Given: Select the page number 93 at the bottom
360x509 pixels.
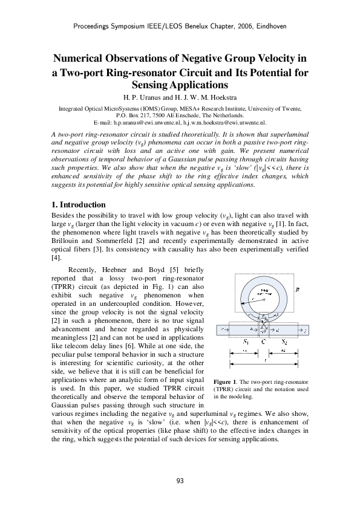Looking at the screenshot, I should tap(180, 481).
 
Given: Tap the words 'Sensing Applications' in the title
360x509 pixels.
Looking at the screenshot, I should tap(180, 85).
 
